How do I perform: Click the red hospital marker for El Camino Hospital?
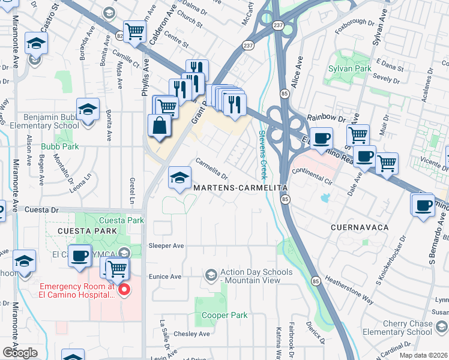(124, 291)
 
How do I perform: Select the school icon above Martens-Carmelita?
(179, 178)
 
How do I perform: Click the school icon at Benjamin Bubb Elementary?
(88, 110)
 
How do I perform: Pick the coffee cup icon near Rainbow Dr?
(321, 138)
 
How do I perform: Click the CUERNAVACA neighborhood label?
(360, 227)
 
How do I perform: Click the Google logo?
(20, 353)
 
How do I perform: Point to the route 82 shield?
(119, 37)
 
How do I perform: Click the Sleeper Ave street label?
(169, 245)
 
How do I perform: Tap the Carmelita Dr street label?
(212, 169)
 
